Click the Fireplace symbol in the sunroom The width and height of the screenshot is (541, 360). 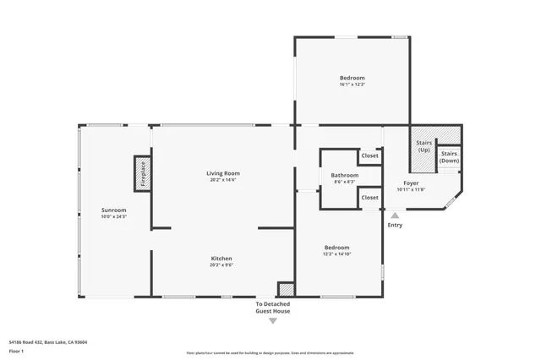coord(141,173)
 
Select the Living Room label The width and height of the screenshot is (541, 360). coord(223,173)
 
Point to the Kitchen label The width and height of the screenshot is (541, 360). coord(221,258)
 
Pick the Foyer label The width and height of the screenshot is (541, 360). coord(411,183)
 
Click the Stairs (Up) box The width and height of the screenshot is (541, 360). coord(424,145)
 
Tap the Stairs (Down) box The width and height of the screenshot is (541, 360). coord(450,156)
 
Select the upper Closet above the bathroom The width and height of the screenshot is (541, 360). coord(369,156)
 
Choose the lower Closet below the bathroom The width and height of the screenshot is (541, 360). coord(369,198)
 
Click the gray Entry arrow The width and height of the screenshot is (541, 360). coord(395,215)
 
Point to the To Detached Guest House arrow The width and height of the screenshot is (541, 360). coord(272,320)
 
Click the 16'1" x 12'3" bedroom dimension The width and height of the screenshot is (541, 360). coord(352,85)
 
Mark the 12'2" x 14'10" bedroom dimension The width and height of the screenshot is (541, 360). coord(336,254)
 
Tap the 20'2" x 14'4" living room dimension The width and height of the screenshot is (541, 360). coord(223,180)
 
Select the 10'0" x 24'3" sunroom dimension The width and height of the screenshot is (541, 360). coord(113,216)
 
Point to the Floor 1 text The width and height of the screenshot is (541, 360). coord(16,350)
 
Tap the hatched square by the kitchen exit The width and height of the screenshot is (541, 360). coord(286,289)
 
